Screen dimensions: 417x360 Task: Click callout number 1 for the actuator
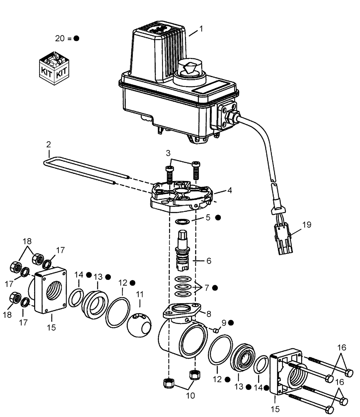coord(201,30)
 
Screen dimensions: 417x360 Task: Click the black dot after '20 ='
coord(76,38)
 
